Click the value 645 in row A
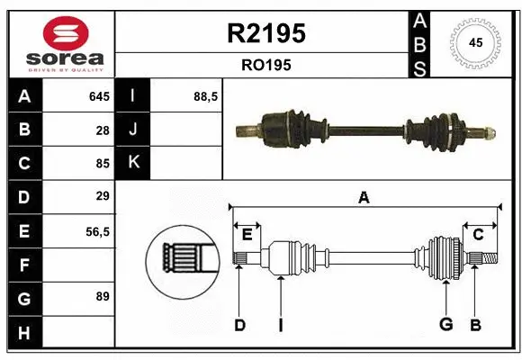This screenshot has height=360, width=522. pyautogui.click(x=99, y=96)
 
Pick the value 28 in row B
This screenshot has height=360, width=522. pyautogui.click(x=103, y=130)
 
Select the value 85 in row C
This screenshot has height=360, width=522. pyautogui.click(x=103, y=164)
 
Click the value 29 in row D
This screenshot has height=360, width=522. pyautogui.click(x=103, y=196)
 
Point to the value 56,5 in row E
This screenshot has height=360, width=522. pyautogui.click(x=97, y=231)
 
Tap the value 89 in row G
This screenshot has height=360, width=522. pyautogui.click(x=103, y=296)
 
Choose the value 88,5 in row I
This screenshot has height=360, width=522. pyautogui.click(x=206, y=96)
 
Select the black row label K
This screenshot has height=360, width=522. pyautogui.click(x=133, y=164)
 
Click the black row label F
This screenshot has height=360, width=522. pyautogui.click(x=23, y=265)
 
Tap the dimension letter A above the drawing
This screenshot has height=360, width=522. pyautogui.click(x=364, y=198)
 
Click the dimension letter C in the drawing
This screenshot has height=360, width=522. pyautogui.click(x=478, y=235)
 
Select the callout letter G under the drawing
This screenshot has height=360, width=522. pyautogui.click(x=444, y=325)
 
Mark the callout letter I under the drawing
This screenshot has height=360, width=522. pyautogui.click(x=280, y=325)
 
